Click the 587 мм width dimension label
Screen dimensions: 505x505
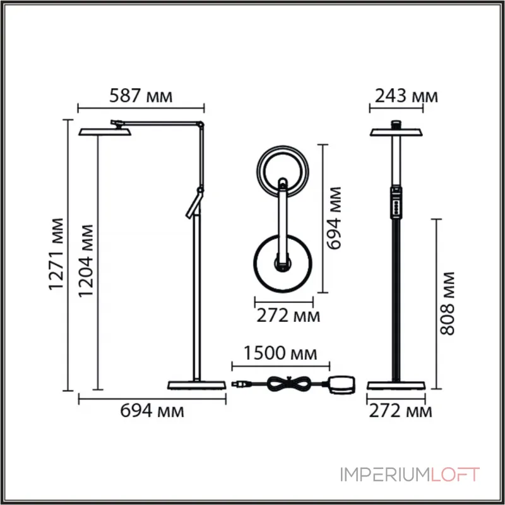click(141, 97)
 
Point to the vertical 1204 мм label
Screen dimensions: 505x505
click(86, 261)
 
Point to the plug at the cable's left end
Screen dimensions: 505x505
click(241, 383)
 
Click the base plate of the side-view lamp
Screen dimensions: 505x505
click(196, 385)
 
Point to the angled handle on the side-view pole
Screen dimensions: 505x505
click(193, 205)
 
